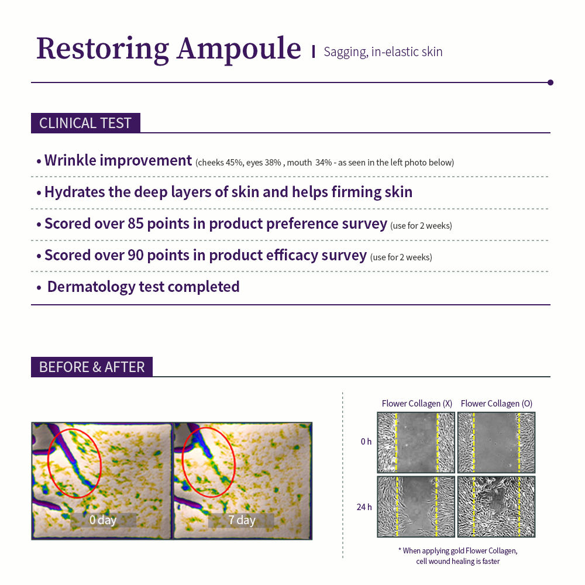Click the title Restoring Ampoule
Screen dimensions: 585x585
168,49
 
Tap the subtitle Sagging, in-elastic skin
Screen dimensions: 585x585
383,51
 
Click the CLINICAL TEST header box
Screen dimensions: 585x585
85,123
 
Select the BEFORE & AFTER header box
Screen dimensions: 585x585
92,367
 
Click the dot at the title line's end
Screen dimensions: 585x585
550,82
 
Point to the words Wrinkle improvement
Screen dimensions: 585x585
118,160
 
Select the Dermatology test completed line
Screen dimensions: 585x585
143,287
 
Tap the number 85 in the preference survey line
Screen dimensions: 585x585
136,224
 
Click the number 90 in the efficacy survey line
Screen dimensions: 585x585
136,256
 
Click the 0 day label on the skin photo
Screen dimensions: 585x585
103,520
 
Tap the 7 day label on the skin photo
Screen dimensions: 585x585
242,520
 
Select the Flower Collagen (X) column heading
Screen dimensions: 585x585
417,404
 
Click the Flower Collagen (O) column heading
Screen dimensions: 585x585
496,404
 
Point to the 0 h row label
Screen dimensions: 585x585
366,442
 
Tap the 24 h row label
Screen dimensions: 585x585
364,507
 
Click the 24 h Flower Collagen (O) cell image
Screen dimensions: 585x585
496,507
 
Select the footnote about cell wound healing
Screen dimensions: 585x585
457,556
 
